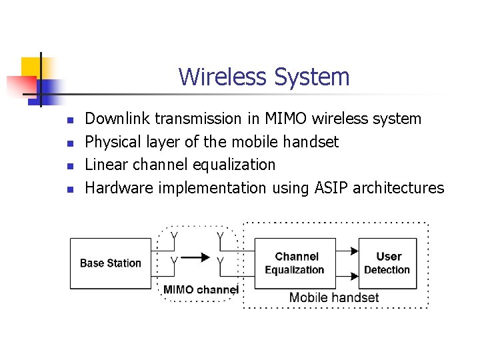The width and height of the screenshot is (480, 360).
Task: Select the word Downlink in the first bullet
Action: coord(118,119)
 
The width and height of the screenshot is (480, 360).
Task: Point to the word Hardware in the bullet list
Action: coord(119,188)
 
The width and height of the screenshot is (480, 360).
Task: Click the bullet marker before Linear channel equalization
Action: coord(69,166)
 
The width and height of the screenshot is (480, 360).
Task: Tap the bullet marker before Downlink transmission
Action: coord(69,121)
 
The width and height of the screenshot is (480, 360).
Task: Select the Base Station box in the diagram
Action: coord(111,263)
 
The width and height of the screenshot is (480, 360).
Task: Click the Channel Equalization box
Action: coord(295,263)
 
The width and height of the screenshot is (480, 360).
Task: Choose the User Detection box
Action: coord(387,263)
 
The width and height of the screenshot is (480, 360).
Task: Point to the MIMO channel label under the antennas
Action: coord(201,290)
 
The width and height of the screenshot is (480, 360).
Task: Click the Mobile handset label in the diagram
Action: coord(333,298)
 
